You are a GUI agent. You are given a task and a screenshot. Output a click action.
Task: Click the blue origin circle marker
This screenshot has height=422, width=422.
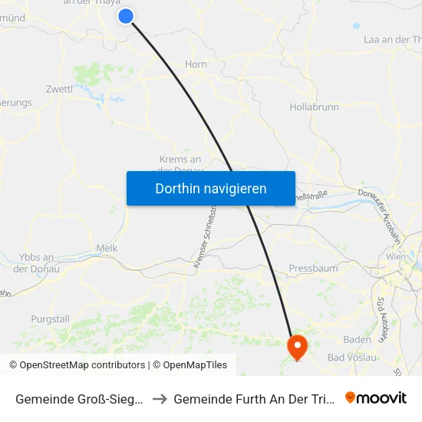[127, 16]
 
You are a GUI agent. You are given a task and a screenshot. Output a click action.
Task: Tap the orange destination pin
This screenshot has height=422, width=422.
[297, 346]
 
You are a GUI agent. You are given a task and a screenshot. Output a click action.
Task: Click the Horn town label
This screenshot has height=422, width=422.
[196, 64]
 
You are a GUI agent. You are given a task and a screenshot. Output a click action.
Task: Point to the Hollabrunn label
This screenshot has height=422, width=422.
[315, 107]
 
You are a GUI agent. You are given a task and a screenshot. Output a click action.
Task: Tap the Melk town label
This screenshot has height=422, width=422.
[107, 248]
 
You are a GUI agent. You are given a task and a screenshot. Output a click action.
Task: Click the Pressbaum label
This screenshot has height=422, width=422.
[313, 269]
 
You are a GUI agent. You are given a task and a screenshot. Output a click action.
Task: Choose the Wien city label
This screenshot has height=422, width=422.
[396, 257]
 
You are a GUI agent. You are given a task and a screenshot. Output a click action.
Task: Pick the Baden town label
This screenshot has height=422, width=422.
[358, 339]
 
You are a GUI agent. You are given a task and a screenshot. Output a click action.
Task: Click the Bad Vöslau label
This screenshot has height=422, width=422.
[351, 358]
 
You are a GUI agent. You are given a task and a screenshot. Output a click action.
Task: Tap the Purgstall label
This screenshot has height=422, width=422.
[50, 319]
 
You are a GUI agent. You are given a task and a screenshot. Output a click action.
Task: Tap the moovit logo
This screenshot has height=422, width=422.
[376, 397]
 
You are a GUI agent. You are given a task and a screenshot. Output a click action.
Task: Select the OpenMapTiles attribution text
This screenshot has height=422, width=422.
[193, 365]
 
